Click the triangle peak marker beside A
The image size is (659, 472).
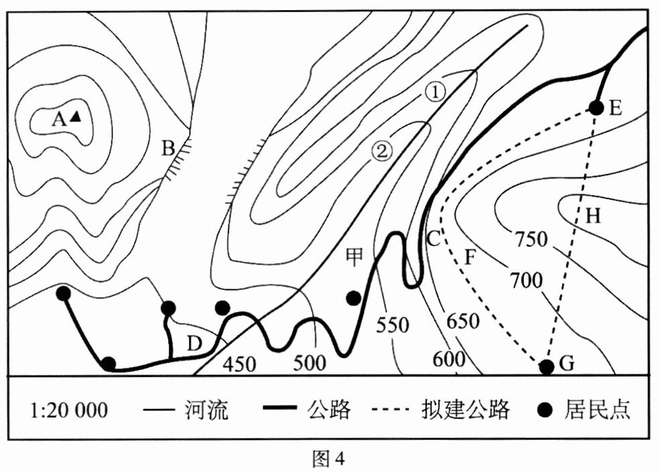pyautogui.click(x=75, y=116)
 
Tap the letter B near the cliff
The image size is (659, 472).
pyautogui.click(x=168, y=148)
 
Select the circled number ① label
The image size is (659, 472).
pyautogui.click(x=435, y=93)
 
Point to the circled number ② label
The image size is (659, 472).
pyautogui.click(x=383, y=152)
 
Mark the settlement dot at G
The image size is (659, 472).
pyautogui.click(x=547, y=366)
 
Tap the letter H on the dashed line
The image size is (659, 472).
pyautogui.click(x=592, y=215)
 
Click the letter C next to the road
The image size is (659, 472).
pyautogui.click(x=434, y=237)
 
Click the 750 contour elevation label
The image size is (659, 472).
pyautogui.click(x=532, y=239)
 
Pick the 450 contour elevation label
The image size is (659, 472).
pyautogui.click(x=239, y=364)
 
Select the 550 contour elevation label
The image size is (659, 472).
pyautogui.click(x=393, y=325)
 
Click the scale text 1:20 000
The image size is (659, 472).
pyautogui.click(x=69, y=409)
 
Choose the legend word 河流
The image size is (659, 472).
pyautogui.click(x=206, y=409)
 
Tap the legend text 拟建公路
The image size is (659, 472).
pyautogui.click(x=466, y=409)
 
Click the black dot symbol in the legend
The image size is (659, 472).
pyautogui.click(x=543, y=409)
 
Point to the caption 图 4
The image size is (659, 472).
pyautogui.click(x=329, y=459)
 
